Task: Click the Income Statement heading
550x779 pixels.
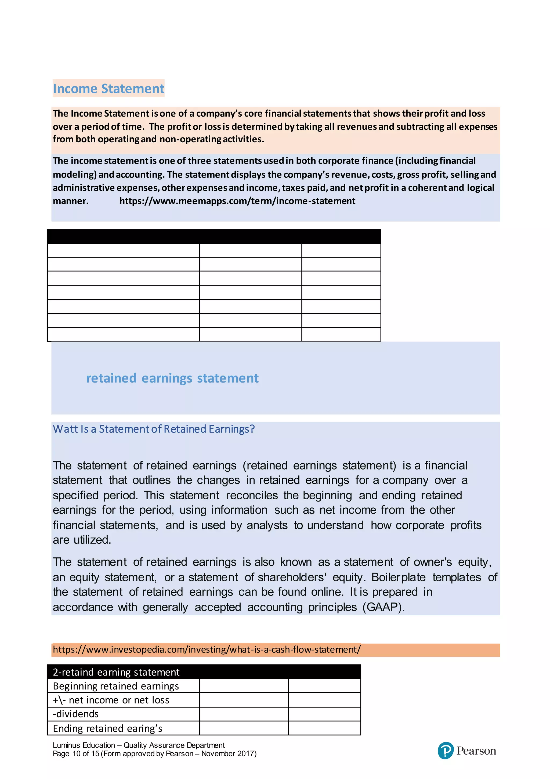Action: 108,89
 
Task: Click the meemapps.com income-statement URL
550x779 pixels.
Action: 237,201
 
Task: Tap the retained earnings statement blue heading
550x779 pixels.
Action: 172,378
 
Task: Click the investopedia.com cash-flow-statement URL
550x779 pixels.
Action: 207,650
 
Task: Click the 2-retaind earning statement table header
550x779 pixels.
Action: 116,672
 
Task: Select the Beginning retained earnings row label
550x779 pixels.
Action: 116,686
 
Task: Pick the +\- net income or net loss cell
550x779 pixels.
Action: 111,700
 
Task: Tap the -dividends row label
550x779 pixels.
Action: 76,714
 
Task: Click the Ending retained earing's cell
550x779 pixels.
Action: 108,728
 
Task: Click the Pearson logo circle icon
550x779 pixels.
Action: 445,751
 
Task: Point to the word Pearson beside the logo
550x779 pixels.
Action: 476,751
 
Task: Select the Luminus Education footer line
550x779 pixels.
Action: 138,745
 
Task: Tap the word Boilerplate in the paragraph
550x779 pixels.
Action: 398,577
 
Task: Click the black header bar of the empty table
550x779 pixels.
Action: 214,236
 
